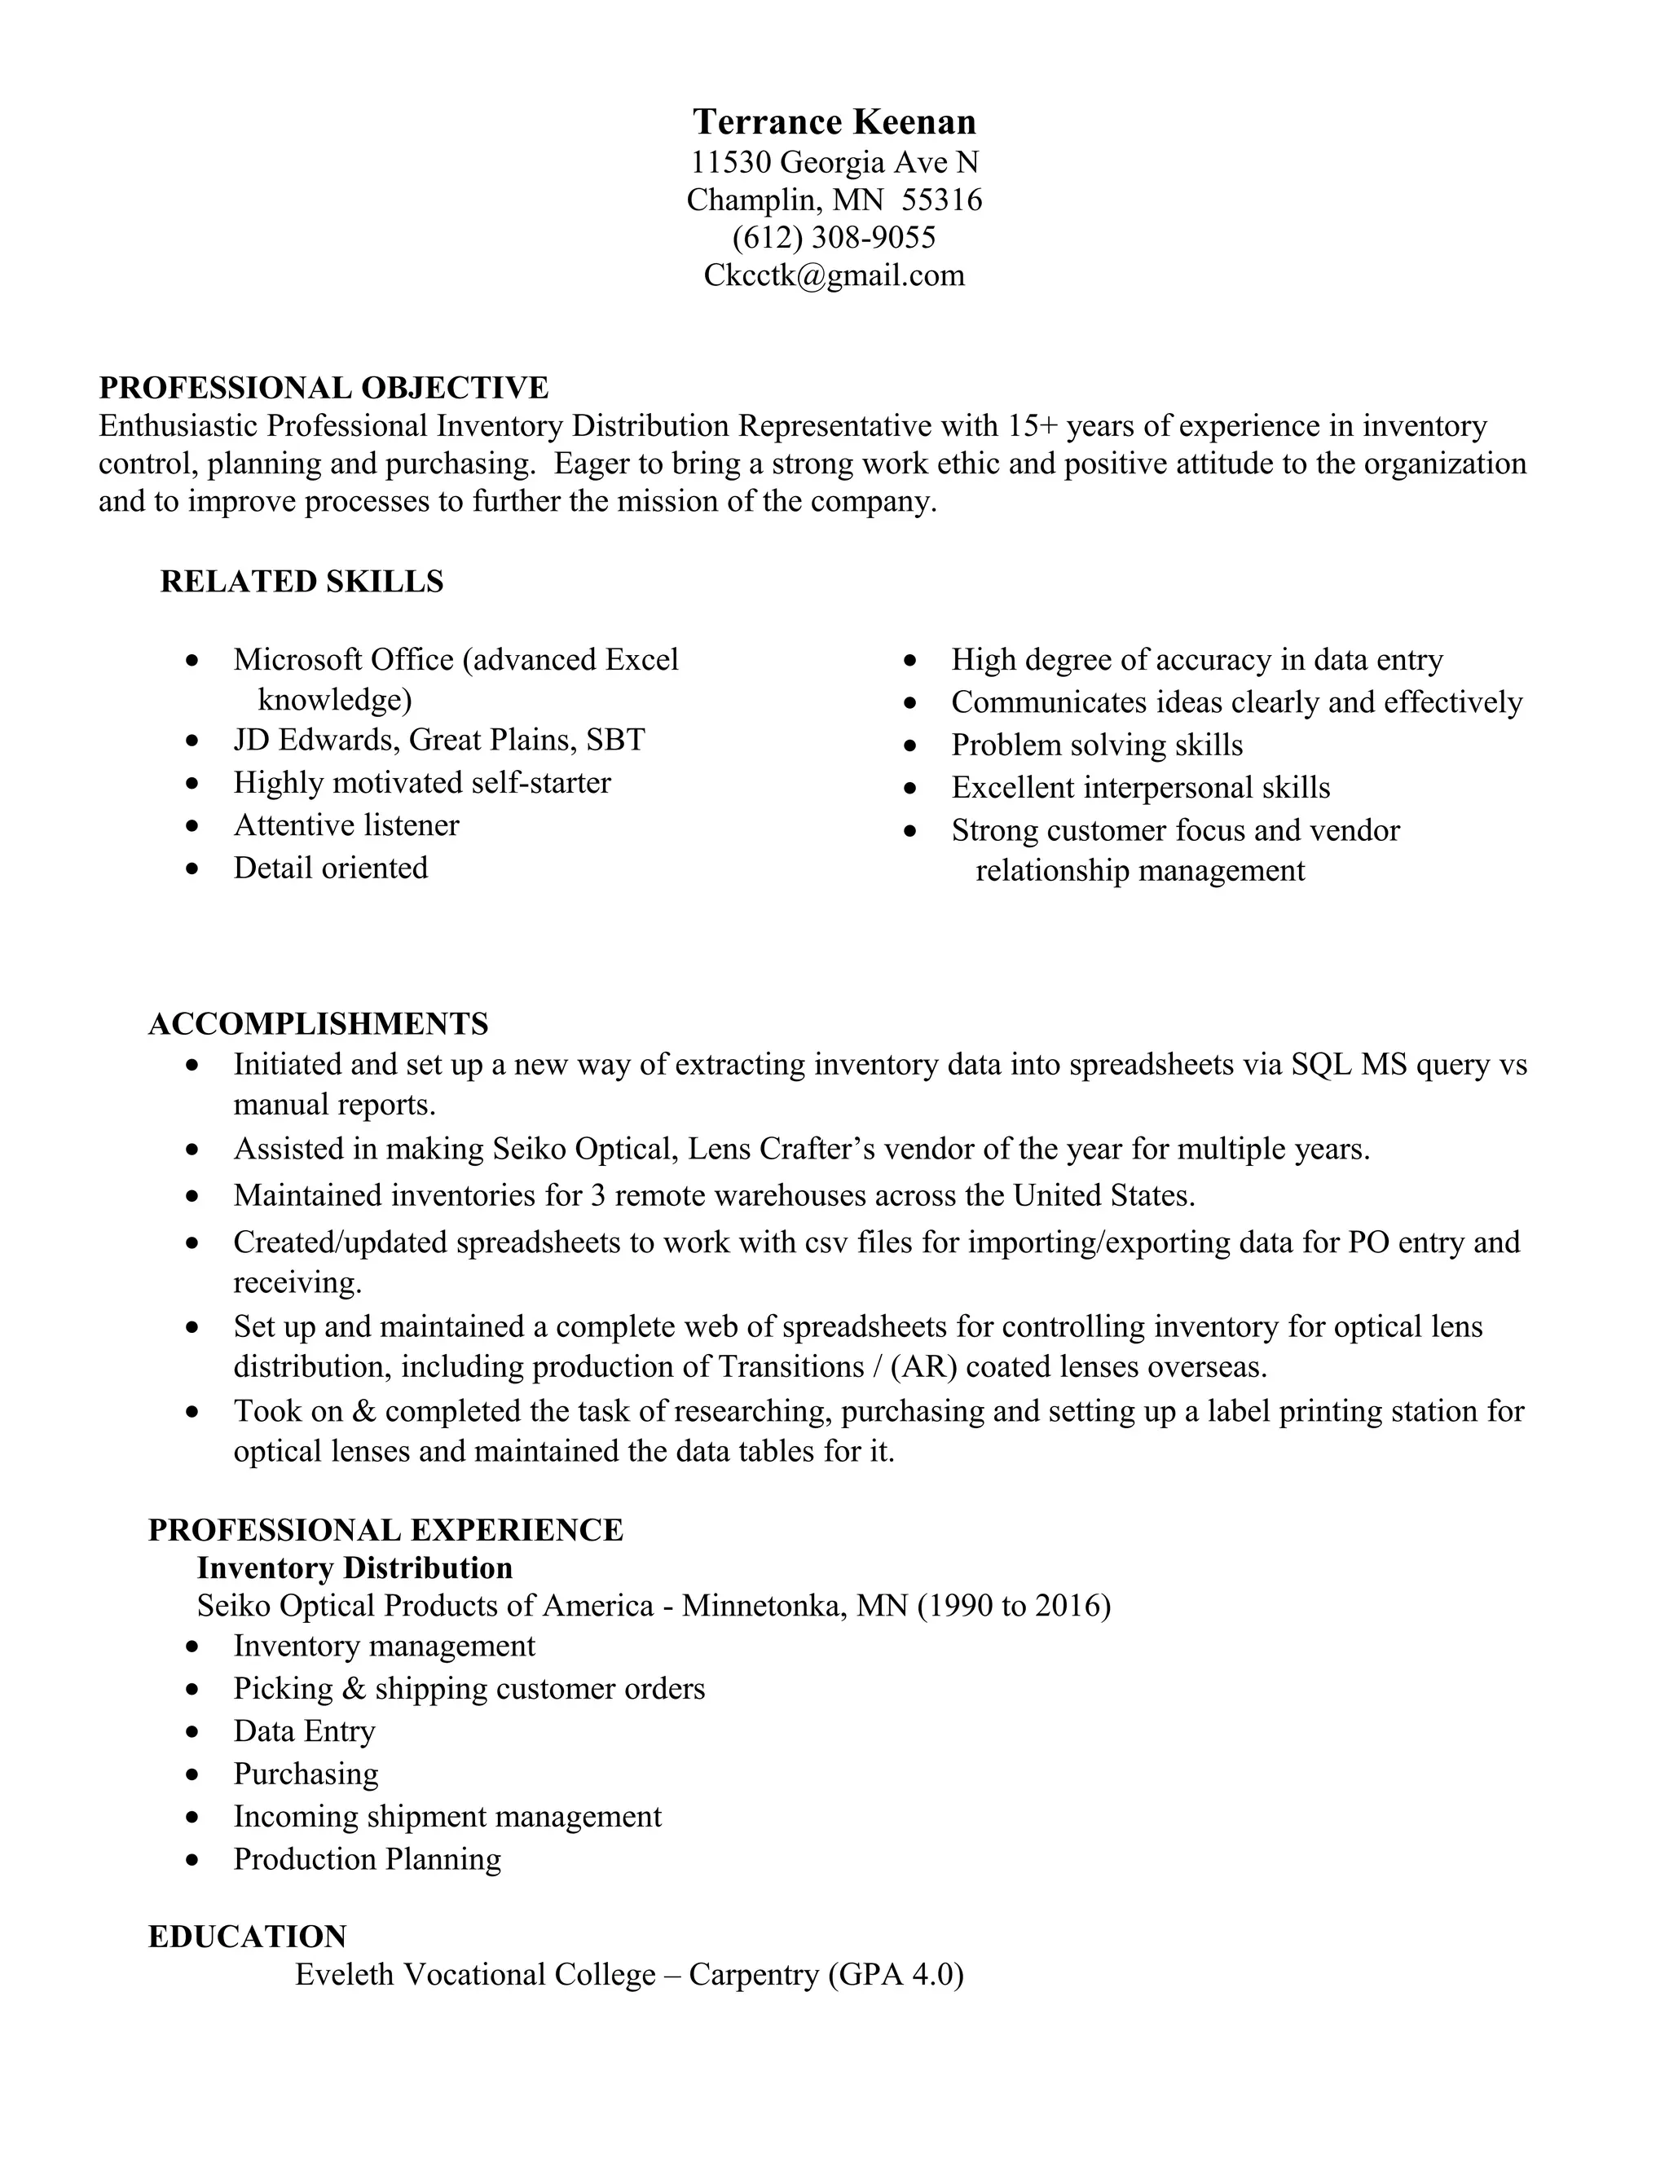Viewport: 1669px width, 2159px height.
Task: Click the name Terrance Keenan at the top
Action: pos(834,121)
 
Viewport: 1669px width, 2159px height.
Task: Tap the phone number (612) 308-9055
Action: pos(834,237)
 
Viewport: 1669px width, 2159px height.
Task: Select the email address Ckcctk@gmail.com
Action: pos(834,275)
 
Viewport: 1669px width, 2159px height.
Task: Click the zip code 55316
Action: pos(941,200)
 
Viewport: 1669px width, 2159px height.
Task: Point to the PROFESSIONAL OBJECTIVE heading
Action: pos(324,388)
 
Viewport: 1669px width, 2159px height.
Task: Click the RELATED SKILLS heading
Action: pos(302,581)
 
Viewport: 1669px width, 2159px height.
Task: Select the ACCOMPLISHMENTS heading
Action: pos(319,1023)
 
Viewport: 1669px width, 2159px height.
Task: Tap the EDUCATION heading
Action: pos(247,1936)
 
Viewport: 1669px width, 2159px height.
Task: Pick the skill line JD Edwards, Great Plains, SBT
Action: pos(439,740)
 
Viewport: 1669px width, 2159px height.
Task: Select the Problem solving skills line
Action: pos(1097,745)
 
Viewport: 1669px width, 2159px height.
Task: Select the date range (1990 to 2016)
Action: pos(1014,1606)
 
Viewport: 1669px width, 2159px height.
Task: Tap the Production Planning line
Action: pos(367,1858)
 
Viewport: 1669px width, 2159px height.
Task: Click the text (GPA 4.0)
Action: pos(895,1974)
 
